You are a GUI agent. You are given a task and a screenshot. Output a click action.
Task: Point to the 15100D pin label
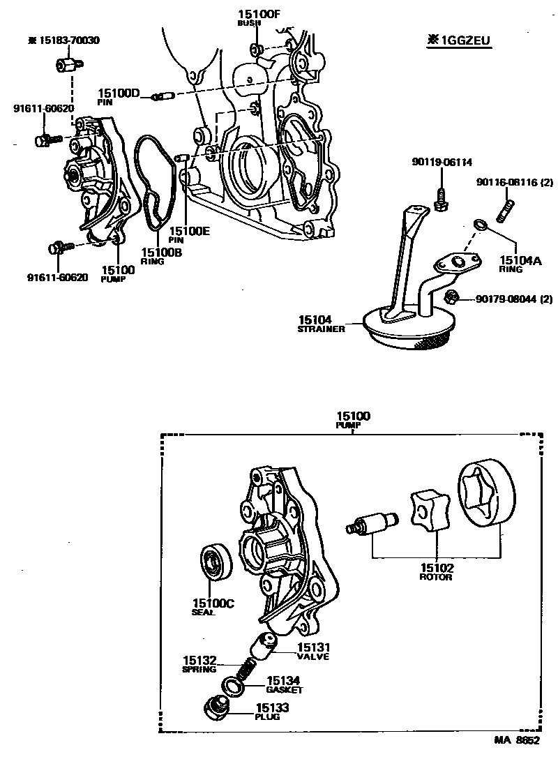point(119,95)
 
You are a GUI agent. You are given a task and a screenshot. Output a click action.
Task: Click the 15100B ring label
point(161,255)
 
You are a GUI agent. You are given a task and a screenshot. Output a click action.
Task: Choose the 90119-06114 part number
point(442,162)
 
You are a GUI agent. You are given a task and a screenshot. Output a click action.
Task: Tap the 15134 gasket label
point(285,683)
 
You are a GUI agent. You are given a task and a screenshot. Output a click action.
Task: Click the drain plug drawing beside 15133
point(213,709)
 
